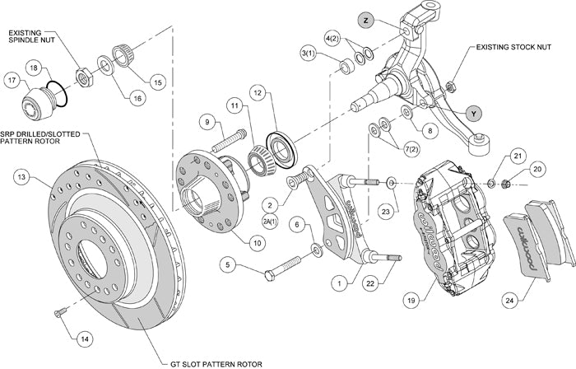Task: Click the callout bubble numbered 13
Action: point(21,175)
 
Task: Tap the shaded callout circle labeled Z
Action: point(365,19)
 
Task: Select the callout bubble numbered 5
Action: point(229,266)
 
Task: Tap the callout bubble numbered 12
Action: point(258,95)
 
